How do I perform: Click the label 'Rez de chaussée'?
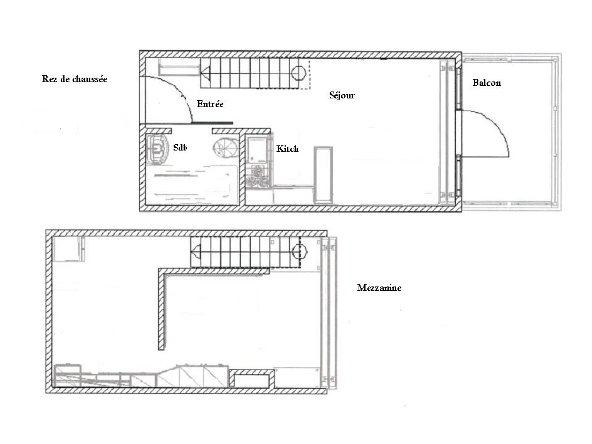pos(74,79)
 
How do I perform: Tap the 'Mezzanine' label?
pos(379,288)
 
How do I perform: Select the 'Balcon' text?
pos(486,83)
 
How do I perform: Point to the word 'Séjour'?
pos(341,95)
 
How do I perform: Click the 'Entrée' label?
pos(210,104)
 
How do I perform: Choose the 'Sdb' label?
pos(181,148)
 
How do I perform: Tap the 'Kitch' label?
pos(287,148)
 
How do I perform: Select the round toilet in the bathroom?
pos(226,147)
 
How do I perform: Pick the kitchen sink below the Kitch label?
pos(257,148)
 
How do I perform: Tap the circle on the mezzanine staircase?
pos(298,251)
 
